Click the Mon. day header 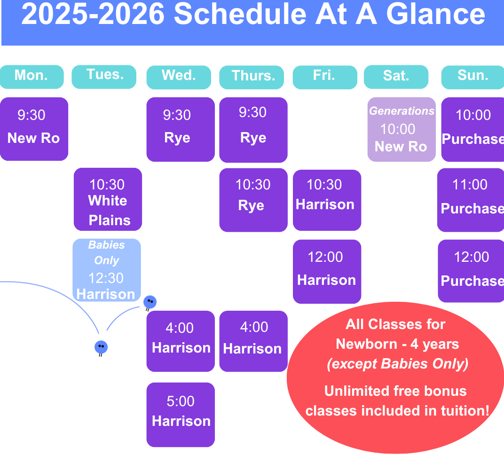(x=31, y=77)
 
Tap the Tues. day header (x=104, y=77)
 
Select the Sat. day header (x=396, y=77)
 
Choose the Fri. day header (x=325, y=77)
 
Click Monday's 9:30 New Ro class (x=34, y=129)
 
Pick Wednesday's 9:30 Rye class (x=181, y=129)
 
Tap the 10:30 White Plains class (x=108, y=199)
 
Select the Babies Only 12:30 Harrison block (x=107, y=270)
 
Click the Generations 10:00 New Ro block (x=402, y=129)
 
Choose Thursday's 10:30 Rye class (x=253, y=200)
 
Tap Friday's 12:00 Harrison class (x=327, y=272)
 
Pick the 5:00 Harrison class (x=181, y=415)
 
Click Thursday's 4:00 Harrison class (x=253, y=341)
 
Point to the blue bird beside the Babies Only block (x=150, y=302)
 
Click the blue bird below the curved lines (x=101, y=347)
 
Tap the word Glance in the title (x=435, y=15)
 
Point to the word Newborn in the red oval (x=366, y=344)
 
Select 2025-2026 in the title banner (x=93, y=15)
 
